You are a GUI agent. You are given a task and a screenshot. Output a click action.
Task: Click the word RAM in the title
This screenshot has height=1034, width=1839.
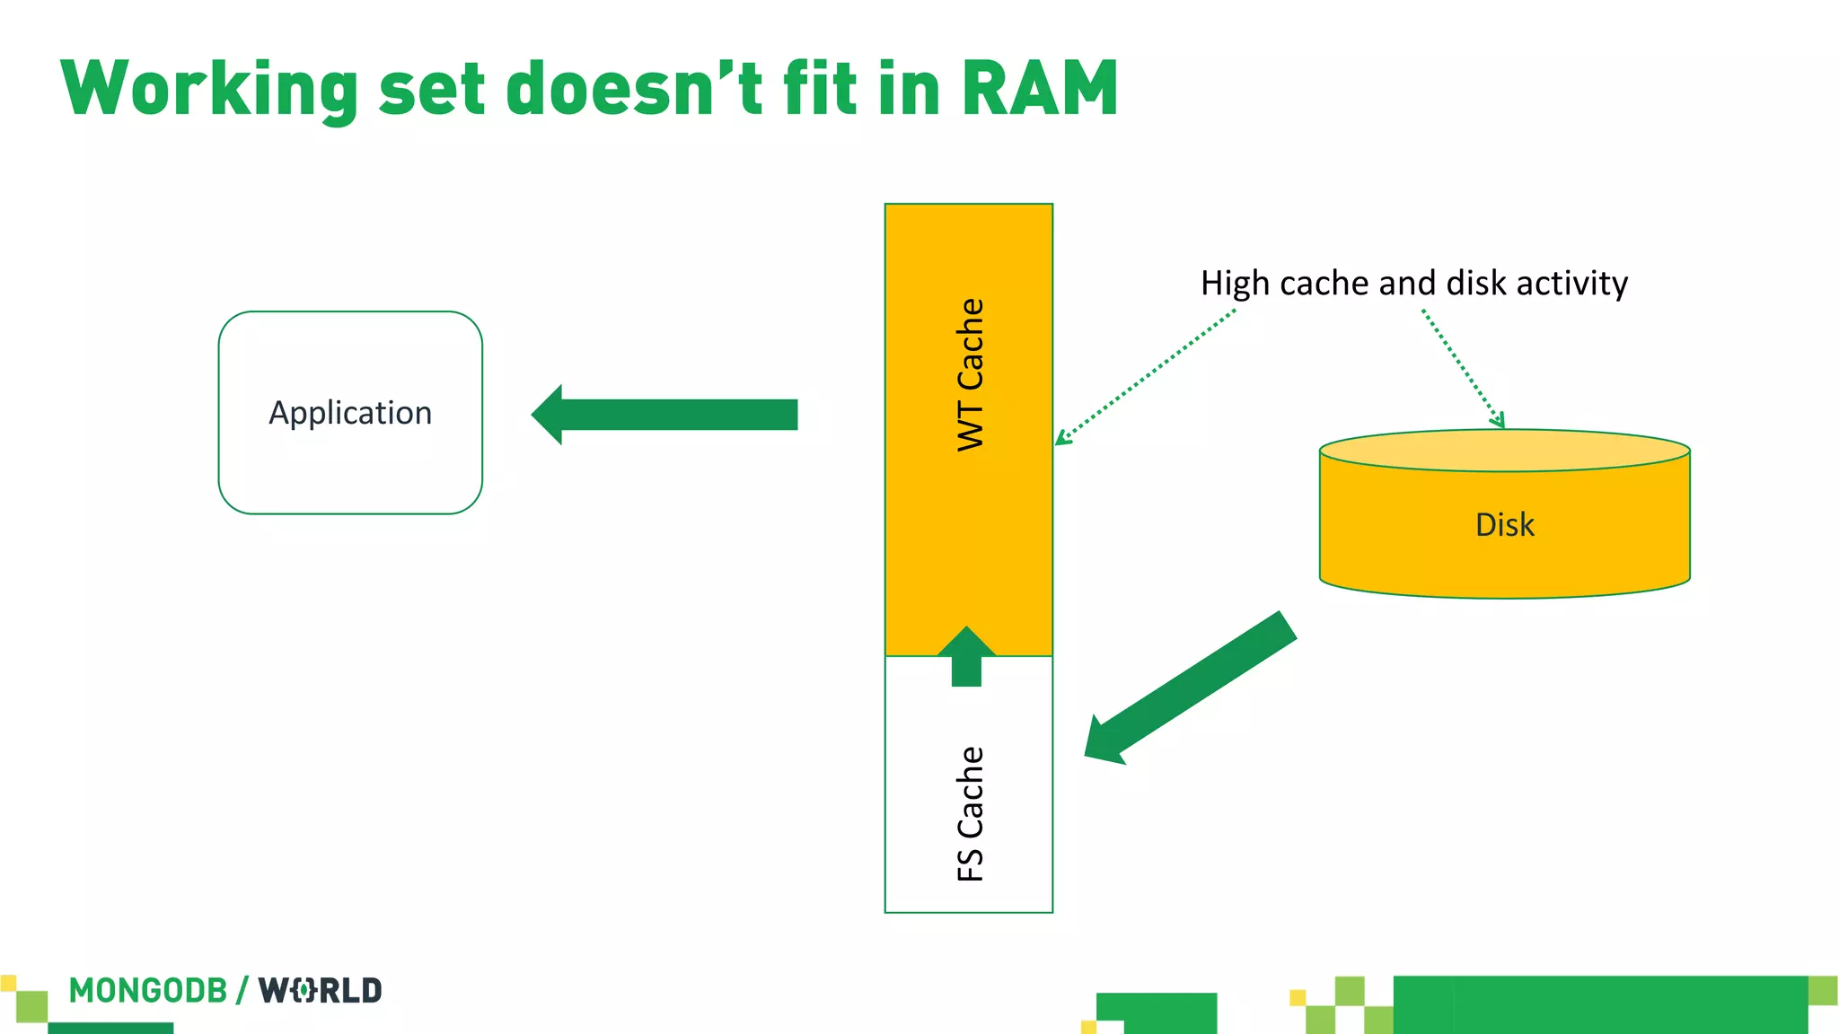coord(1040,89)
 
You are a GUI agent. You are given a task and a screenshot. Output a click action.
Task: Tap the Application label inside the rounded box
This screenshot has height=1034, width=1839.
coord(350,413)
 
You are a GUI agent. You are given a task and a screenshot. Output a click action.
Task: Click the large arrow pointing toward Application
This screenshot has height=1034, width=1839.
coord(664,415)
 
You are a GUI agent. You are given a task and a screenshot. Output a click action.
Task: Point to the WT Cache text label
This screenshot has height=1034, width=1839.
coord(970,374)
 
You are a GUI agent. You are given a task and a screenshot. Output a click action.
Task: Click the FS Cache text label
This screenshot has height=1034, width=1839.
coord(970,813)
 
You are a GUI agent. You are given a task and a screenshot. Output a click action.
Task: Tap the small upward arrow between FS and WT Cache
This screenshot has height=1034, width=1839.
coord(966,657)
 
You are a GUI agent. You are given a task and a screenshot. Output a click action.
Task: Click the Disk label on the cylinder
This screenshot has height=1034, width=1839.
coord(1504,525)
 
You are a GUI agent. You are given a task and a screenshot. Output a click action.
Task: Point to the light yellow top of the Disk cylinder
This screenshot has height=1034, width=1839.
coord(1504,450)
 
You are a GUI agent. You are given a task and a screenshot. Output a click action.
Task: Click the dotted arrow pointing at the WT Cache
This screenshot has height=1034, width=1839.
coord(1145,377)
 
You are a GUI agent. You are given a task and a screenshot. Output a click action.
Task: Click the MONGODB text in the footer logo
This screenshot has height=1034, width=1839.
coord(148,991)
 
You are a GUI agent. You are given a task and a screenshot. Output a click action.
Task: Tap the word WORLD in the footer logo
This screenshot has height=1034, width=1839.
coord(321,991)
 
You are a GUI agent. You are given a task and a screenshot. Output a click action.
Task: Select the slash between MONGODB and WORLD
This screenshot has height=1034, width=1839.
coord(242,991)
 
